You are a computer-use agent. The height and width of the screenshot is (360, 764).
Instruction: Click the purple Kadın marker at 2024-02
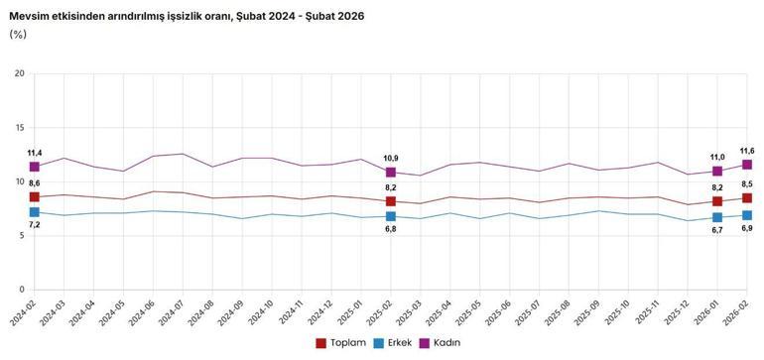point(35,167)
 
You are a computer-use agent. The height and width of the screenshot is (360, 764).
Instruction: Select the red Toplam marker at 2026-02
point(747,198)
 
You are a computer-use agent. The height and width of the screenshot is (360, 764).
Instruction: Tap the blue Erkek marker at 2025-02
point(391,216)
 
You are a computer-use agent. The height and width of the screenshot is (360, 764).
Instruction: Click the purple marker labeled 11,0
point(717,172)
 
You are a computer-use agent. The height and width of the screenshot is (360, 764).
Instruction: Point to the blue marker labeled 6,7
point(717,218)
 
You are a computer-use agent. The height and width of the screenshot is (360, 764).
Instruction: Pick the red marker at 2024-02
point(35,197)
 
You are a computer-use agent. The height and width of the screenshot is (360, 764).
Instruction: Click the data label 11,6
point(746,151)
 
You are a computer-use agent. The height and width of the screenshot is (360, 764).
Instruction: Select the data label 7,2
point(35,226)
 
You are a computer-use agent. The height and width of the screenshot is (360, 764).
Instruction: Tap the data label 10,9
point(391,159)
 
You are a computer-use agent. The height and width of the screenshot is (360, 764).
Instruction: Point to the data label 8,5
point(746,183)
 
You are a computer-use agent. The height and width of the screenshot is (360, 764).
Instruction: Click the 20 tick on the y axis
point(19,74)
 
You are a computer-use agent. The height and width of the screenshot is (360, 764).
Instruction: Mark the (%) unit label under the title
point(18,35)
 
